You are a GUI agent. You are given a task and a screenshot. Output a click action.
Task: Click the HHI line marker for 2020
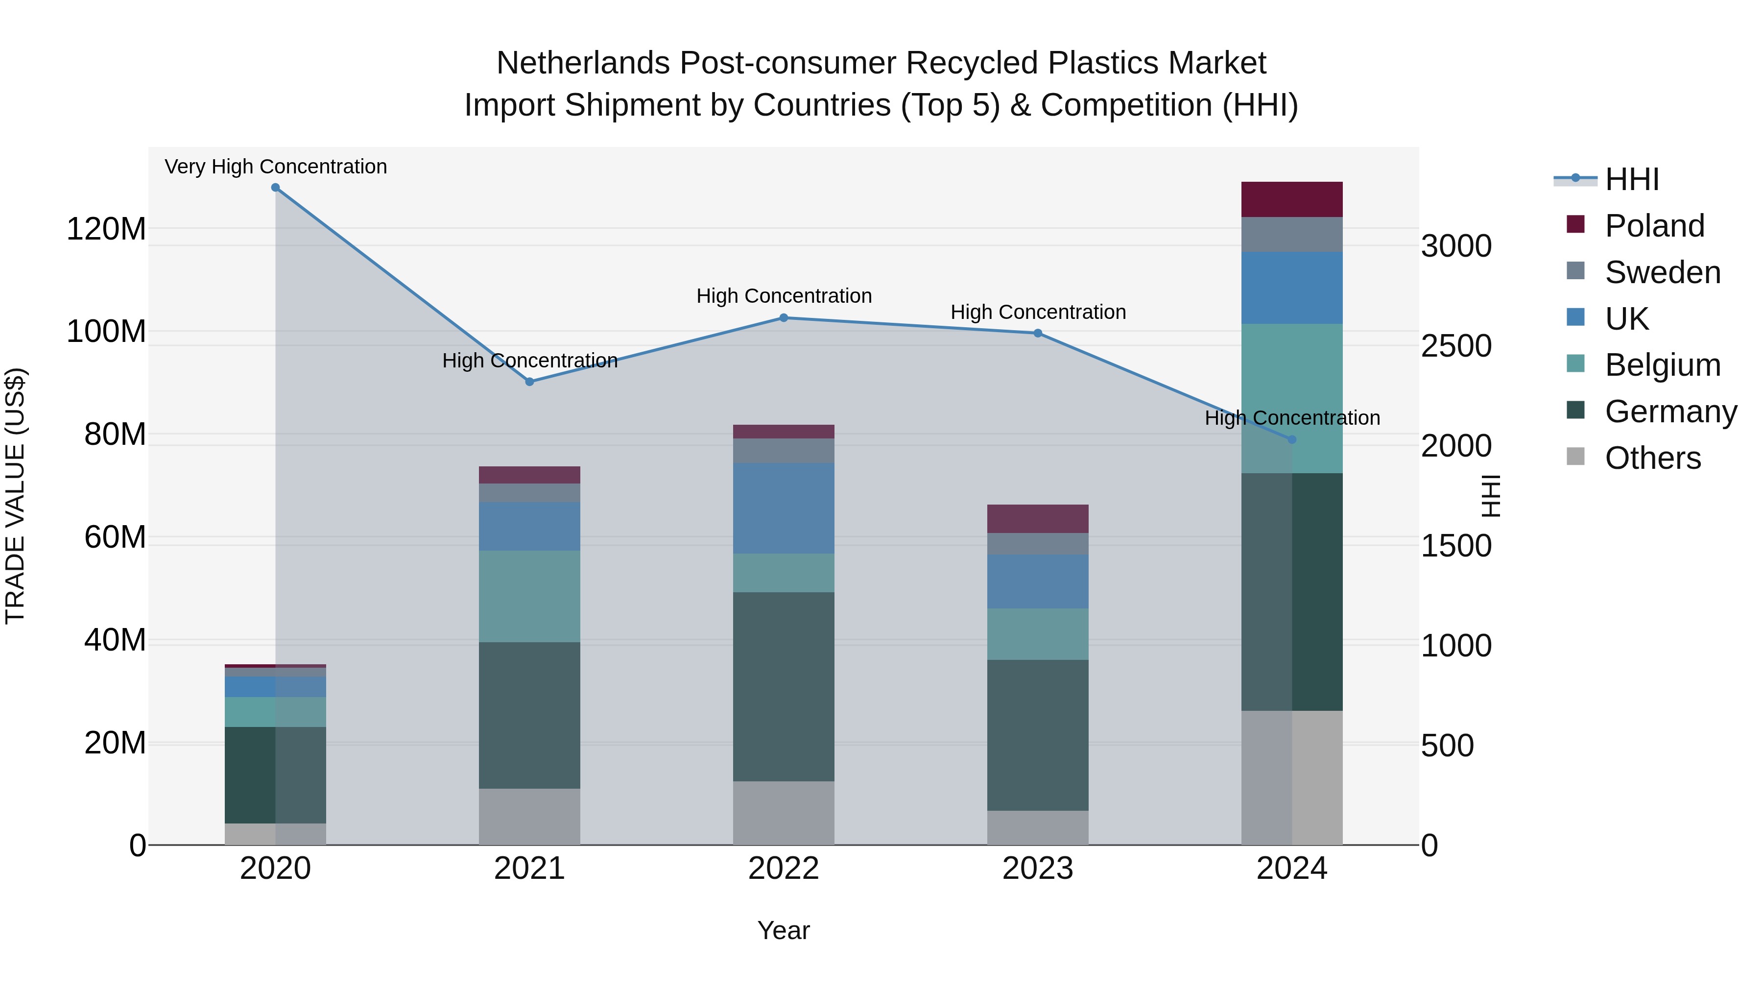pyautogui.click(x=275, y=187)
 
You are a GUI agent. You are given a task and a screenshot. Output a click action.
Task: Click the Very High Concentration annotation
pyautogui.click(x=276, y=167)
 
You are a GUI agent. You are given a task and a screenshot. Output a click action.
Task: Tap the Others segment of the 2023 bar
pyautogui.click(x=1038, y=828)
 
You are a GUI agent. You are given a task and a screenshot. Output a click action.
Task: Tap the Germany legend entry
pyautogui.click(x=1670, y=411)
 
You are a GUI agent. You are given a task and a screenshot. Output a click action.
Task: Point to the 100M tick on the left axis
pyautogui.click(x=106, y=331)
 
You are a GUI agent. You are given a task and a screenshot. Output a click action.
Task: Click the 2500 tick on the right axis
pyautogui.click(x=1456, y=346)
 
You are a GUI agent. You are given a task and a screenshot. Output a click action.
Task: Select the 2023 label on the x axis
pyautogui.click(x=1038, y=869)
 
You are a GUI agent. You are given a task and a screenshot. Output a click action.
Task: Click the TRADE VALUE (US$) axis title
pyautogui.click(x=15, y=496)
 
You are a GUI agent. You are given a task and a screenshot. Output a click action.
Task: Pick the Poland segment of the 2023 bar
pyautogui.click(x=1038, y=518)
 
